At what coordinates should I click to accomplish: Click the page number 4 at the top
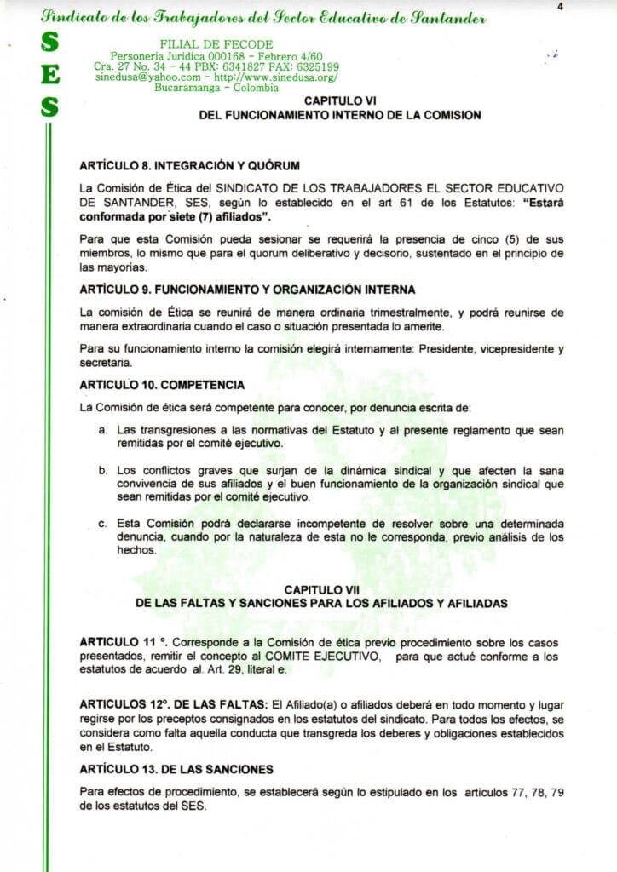tap(561, 6)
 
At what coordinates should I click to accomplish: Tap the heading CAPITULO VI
tap(340, 100)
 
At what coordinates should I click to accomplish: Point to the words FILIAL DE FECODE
tap(216, 44)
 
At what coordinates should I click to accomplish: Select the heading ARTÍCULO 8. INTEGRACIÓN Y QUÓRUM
tap(189, 163)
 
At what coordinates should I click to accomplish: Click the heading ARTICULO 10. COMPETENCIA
tap(162, 384)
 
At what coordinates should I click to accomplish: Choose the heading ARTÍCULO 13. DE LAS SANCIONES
tap(176, 769)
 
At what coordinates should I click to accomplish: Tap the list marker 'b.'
tap(102, 469)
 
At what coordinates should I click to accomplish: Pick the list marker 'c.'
tap(102, 523)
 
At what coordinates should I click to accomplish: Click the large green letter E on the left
tap(50, 76)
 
